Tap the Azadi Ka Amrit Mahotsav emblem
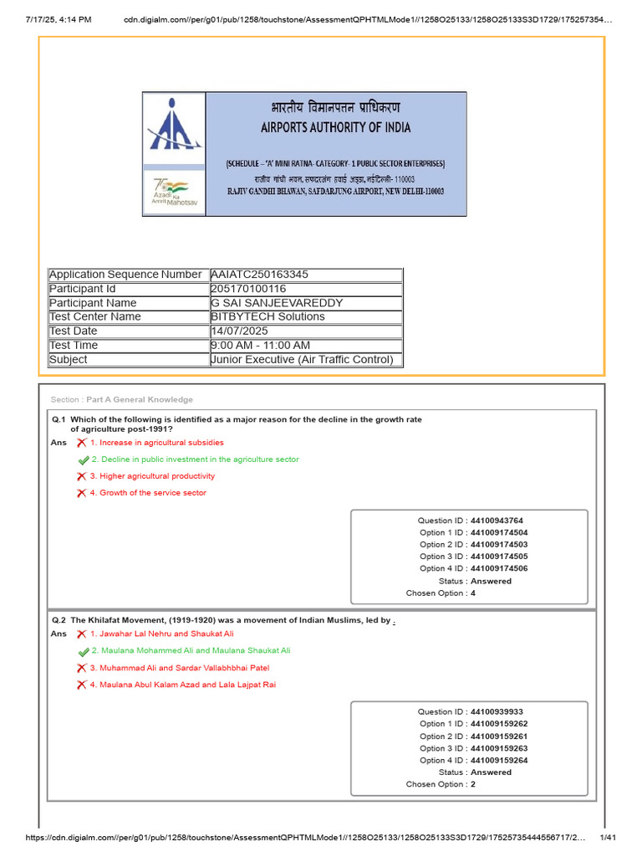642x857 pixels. point(173,192)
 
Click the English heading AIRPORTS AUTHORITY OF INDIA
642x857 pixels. point(335,128)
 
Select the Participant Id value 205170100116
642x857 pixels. point(250,289)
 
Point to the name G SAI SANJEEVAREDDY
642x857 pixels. point(277,303)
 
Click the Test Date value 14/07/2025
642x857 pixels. point(239,331)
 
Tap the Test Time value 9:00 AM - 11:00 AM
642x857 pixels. point(261,346)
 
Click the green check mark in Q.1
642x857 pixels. point(83,459)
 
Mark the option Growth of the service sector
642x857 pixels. point(152,493)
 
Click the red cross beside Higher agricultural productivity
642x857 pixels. point(81,476)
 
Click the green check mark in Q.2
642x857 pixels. point(83,651)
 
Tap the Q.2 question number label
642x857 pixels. point(59,620)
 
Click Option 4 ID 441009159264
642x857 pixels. point(473,761)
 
